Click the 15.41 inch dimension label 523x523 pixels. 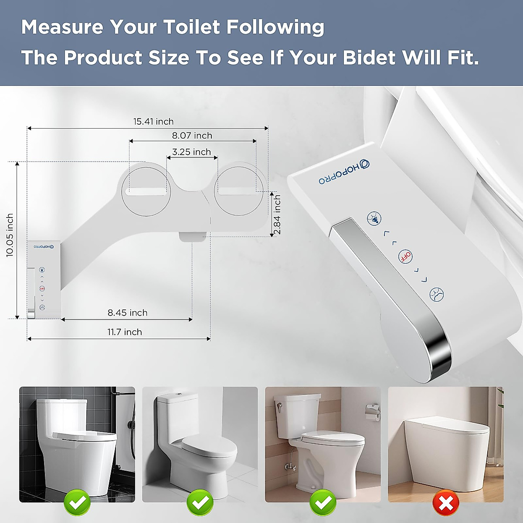[153, 122]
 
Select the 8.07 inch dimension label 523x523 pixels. [192, 136]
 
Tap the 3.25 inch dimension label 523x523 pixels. [191, 152]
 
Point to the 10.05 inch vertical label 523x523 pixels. [10, 235]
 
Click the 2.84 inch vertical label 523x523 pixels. [277, 215]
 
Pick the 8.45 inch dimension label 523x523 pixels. [127, 312]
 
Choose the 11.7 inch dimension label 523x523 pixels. [125, 332]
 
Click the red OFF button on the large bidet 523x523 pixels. [405, 256]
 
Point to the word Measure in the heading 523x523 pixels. [61, 27]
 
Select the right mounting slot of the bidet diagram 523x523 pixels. [237, 191]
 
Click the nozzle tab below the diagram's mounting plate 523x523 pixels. [192, 236]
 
